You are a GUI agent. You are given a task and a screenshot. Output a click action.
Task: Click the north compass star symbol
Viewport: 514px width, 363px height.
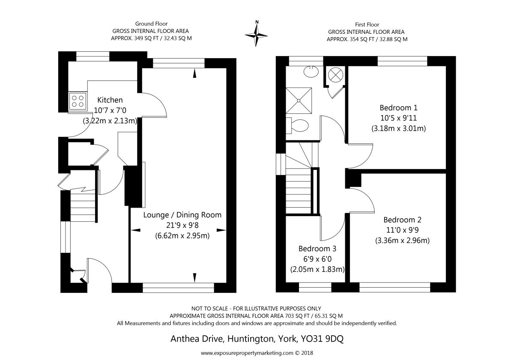(256, 35)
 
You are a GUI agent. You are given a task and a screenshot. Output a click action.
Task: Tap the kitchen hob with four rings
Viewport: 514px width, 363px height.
(78, 101)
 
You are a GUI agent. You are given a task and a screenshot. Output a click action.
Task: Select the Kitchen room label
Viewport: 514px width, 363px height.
(110, 100)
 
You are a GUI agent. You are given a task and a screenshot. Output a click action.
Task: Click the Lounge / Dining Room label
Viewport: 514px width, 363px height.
(182, 215)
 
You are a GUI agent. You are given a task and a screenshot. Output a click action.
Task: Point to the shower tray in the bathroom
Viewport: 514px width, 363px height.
(299, 101)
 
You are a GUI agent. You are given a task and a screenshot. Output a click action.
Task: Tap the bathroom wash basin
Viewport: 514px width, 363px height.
(311, 71)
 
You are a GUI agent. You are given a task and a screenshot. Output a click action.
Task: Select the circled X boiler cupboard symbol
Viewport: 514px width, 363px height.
(335, 75)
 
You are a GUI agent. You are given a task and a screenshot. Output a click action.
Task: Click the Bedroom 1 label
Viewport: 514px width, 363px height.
(398, 107)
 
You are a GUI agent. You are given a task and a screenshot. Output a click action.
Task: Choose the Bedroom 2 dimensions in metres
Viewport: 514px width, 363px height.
(402, 240)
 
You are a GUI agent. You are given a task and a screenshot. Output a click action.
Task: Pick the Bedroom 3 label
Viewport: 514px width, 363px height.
(317, 249)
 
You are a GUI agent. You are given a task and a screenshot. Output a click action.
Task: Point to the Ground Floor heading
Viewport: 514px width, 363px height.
(151, 24)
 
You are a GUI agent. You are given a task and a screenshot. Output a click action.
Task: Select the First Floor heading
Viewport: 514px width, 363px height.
(367, 24)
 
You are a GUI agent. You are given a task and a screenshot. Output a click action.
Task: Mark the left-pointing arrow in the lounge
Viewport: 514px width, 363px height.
(136, 230)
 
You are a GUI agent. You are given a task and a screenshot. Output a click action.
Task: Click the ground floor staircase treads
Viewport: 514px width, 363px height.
(83, 207)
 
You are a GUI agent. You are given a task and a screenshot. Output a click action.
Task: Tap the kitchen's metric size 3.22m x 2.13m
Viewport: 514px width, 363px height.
(110, 121)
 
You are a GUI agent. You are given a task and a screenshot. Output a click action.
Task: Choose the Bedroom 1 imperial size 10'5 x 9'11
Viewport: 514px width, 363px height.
(399, 118)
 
